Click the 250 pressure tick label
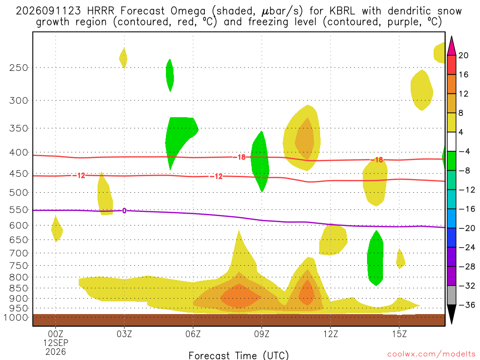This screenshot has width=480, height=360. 18,67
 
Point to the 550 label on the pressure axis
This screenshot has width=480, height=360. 18,210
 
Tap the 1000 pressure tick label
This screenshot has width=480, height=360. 16,317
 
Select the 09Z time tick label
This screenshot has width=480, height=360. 262,334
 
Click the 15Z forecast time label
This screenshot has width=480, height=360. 399,334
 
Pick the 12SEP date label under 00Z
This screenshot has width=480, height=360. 55,343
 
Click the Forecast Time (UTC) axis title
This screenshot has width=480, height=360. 239,355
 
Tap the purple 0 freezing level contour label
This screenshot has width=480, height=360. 124,210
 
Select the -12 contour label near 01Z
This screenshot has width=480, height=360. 79,175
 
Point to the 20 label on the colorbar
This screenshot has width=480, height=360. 464,55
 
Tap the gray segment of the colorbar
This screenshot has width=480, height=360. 451,295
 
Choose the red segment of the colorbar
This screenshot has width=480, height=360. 451,65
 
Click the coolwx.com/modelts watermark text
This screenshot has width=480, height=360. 431,354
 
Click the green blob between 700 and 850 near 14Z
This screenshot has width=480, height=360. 375,258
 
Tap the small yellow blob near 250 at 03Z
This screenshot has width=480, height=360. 123,59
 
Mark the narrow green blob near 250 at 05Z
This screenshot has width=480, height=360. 170,75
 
